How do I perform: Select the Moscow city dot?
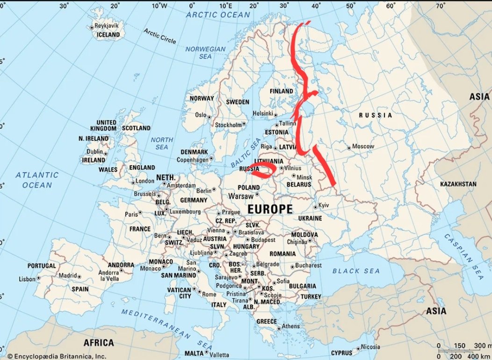tap(349, 147)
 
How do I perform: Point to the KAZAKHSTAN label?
tap(458, 184)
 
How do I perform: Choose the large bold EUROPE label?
tap(270, 209)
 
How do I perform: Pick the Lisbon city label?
tap(27, 279)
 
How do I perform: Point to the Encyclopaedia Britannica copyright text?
tap(56, 356)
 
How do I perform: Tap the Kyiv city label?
tap(324, 206)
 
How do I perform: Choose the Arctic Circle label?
tap(160, 36)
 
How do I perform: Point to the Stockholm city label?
tap(228, 125)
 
